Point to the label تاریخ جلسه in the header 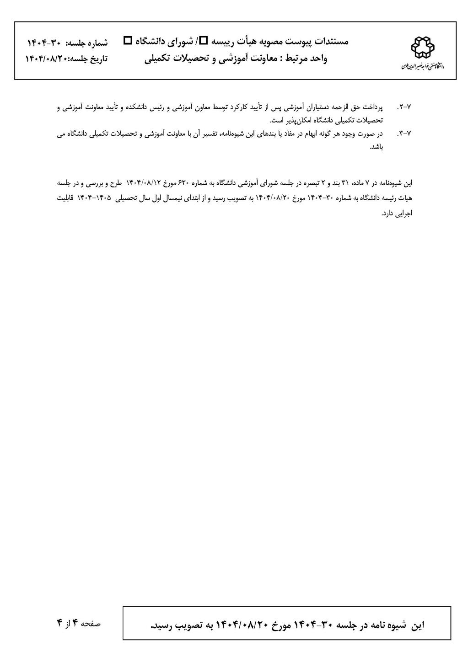pyautogui.click(x=90, y=59)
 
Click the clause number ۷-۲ pyautogui.click(x=405, y=107)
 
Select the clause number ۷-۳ pyautogui.click(x=405, y=133)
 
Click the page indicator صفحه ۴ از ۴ pyautogui.click(x=79, y=623)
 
